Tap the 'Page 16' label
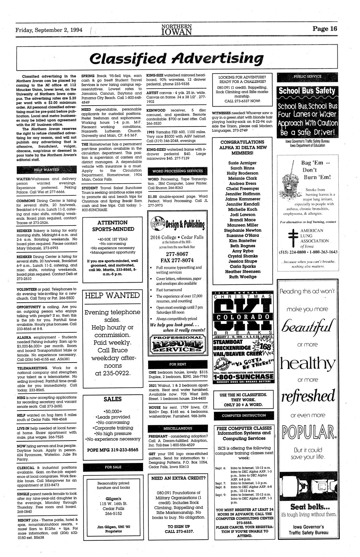tap(324, 29)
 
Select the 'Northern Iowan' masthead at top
tap(177, 29)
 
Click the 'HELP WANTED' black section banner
tap(47, 170)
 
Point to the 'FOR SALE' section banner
tap(113, 467)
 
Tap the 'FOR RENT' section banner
tap(178, 364)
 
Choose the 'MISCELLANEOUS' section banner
tap(178, 428)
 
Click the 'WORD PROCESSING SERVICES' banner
tap(178, 171)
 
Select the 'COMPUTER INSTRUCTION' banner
tap(244, 415)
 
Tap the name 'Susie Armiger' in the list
tap(242, 163)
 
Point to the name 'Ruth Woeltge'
tap(242, 277)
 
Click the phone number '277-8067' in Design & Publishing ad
tap(177, 254)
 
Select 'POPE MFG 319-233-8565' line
tap(113, 450)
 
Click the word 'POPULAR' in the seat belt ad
tap(307, 433)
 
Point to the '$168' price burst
tap(264, 346)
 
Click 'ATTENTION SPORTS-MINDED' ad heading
tap(113, 226)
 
